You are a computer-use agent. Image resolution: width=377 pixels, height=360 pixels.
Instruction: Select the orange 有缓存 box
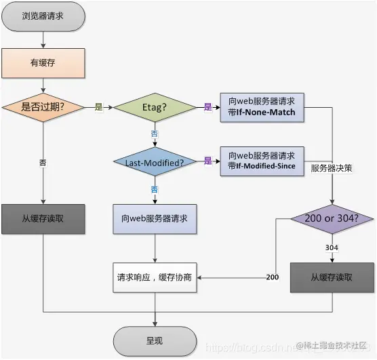(44, 63)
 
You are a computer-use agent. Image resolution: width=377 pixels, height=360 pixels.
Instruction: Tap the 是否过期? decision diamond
(44, 107)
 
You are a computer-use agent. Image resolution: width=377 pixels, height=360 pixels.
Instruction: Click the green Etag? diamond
(154, 107)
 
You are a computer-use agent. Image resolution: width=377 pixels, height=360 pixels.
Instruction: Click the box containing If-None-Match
(262, 107)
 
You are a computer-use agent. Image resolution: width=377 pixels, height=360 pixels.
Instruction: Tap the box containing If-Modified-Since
(262, 161)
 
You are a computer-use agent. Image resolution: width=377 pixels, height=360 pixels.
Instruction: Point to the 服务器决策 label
(332, 167)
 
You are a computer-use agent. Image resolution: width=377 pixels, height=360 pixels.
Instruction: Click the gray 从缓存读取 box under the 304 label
(332, 277)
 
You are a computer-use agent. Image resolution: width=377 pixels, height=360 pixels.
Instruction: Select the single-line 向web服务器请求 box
(154, 220)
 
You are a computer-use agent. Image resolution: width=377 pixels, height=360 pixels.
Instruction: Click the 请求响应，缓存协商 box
(154, 277)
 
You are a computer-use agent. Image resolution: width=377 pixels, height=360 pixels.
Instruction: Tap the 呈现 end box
(154, 339)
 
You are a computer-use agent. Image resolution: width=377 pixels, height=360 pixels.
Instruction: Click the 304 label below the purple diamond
(332, 248)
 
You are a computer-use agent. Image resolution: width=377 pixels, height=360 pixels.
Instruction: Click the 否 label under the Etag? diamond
(154, 134)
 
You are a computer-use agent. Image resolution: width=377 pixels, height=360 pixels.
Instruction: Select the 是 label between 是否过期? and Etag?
(99, 107)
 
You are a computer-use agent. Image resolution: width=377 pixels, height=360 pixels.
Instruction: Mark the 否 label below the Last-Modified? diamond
(154, 188)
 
